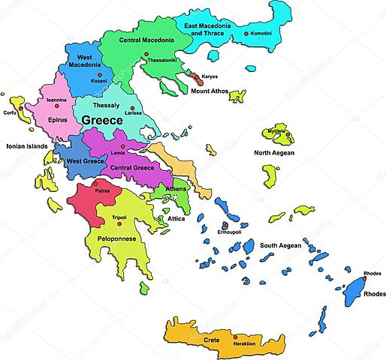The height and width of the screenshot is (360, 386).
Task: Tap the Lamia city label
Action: click(119, 153)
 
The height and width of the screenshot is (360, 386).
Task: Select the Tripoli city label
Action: click(119, 218)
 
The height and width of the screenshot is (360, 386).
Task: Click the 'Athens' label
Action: click(176, 189)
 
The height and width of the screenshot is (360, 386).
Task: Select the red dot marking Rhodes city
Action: click(373, 280)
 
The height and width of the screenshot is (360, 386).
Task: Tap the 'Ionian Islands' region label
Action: click(27, 146)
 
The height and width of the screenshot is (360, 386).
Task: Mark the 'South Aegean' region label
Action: click(280, 245)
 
